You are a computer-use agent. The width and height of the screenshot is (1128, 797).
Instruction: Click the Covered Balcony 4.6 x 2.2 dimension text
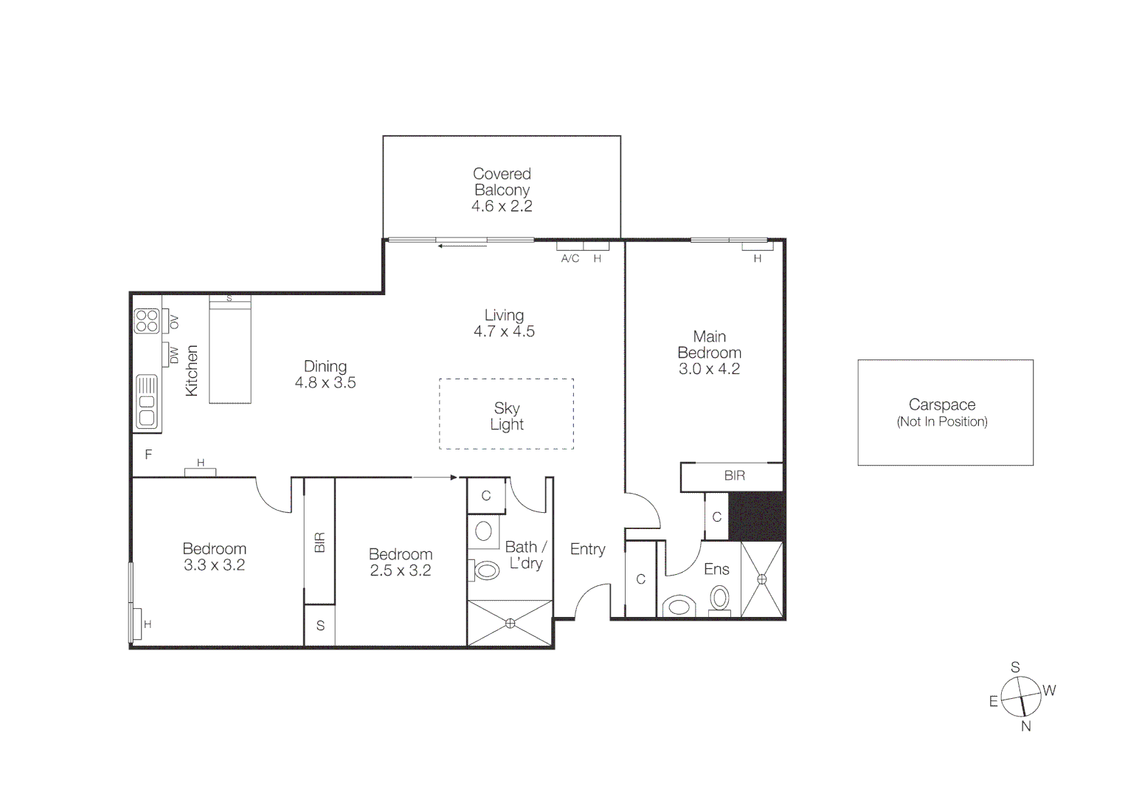(x=502, y=207)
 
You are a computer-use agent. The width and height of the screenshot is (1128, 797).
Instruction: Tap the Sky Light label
(x=507, y=416)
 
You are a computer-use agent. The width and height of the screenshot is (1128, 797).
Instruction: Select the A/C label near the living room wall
(x=570, y=259)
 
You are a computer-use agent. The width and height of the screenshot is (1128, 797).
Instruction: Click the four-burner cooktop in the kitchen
(x=147, y=321)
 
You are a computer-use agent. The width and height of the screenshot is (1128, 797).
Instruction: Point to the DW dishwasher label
(x=174, y=355)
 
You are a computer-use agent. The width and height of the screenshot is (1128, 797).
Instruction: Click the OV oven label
(x=174, y=322)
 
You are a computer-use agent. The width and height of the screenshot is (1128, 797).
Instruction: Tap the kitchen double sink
(x=147, y=402)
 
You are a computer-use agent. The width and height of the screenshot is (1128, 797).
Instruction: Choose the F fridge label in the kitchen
(x=148, y=455)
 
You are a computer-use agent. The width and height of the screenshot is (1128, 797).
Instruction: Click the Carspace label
(x=942, y=404)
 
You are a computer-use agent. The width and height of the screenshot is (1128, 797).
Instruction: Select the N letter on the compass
(x=1025, y=726)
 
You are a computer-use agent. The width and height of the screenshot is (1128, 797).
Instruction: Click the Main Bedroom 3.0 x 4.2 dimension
(x=709, y=369)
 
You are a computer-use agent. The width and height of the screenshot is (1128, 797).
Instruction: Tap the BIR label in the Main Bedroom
(x=734, y=476)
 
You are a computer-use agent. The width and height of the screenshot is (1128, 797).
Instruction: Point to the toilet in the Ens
(x=719, y=598)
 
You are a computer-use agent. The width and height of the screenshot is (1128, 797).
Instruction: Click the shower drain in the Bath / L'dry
(x=510, y=624)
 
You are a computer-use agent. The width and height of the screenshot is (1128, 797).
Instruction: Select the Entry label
(x=587, y=549)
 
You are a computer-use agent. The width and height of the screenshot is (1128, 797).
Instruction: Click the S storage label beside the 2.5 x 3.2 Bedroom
(x=320, y=626)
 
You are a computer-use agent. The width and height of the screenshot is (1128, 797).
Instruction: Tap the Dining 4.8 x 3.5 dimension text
(x=325, y=383)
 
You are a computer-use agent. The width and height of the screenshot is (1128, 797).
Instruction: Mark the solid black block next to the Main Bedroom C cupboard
(x=756, y=516)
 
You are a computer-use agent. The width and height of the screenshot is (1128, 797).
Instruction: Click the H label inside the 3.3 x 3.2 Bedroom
(x=148, y=624)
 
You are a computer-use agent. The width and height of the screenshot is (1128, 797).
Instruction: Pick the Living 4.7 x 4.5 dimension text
(x=504, y=332)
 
